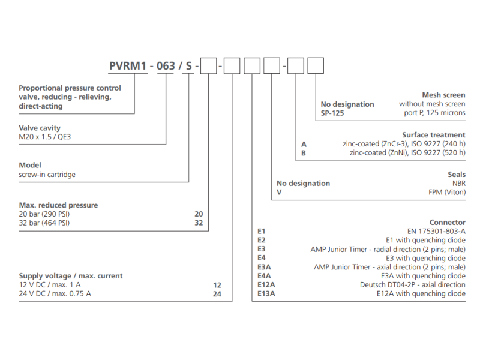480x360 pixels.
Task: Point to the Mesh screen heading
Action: click(x=443, y=95)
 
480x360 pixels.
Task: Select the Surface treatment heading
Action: click(x=433, y=135)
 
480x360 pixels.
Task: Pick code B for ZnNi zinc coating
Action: click(x=304, y=153)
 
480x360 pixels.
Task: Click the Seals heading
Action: click(x=455, y=174)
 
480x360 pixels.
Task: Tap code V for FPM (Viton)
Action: click(x=279, y=193)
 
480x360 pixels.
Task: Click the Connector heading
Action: click(x=447, y=222)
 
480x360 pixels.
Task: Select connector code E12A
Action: click(x=265, y=285)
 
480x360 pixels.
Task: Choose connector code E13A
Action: click(x=265, y=294)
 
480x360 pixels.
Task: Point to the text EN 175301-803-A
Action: click(x=437, y=231)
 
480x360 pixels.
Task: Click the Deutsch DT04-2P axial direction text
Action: click(x=412, y=285)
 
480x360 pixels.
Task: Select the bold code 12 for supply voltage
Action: click(x=217, y=285)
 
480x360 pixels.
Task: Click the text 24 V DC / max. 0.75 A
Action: click(x=55, y=294)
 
